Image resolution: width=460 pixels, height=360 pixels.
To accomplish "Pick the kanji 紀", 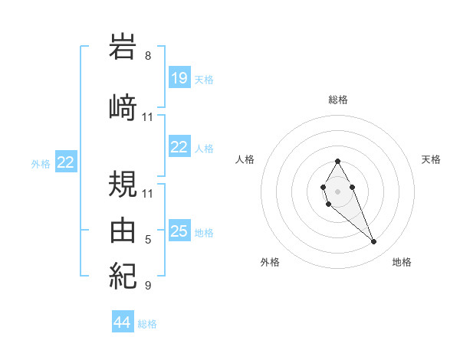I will coord(123,274).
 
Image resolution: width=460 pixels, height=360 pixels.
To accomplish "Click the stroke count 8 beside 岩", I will coord(147,56).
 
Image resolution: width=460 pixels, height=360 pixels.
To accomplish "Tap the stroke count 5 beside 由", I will coord(147,240).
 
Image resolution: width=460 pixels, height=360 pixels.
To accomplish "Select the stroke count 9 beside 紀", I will coord(147,286).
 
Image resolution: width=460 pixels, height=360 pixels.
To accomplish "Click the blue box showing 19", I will coord(179,78).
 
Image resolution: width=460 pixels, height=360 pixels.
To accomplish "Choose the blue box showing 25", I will coord(179,231).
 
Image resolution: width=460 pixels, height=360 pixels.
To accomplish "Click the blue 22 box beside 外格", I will coord(66,162).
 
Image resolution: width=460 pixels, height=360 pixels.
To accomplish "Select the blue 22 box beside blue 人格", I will coord(179,147).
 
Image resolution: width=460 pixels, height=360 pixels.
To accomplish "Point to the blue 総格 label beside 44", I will coord(147,324).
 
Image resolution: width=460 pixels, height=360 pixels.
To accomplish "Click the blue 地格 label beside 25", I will coord(204,232).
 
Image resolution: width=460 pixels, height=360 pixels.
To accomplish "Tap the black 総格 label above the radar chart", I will coord(337,100).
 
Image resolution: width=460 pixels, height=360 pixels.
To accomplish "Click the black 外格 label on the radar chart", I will coord(270,262).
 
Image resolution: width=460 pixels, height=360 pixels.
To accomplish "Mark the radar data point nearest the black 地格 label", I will coord(373,242).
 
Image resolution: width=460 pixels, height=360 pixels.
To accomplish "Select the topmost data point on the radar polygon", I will coord(337,161).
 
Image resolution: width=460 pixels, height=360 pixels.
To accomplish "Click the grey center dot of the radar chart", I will coord(337,190).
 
